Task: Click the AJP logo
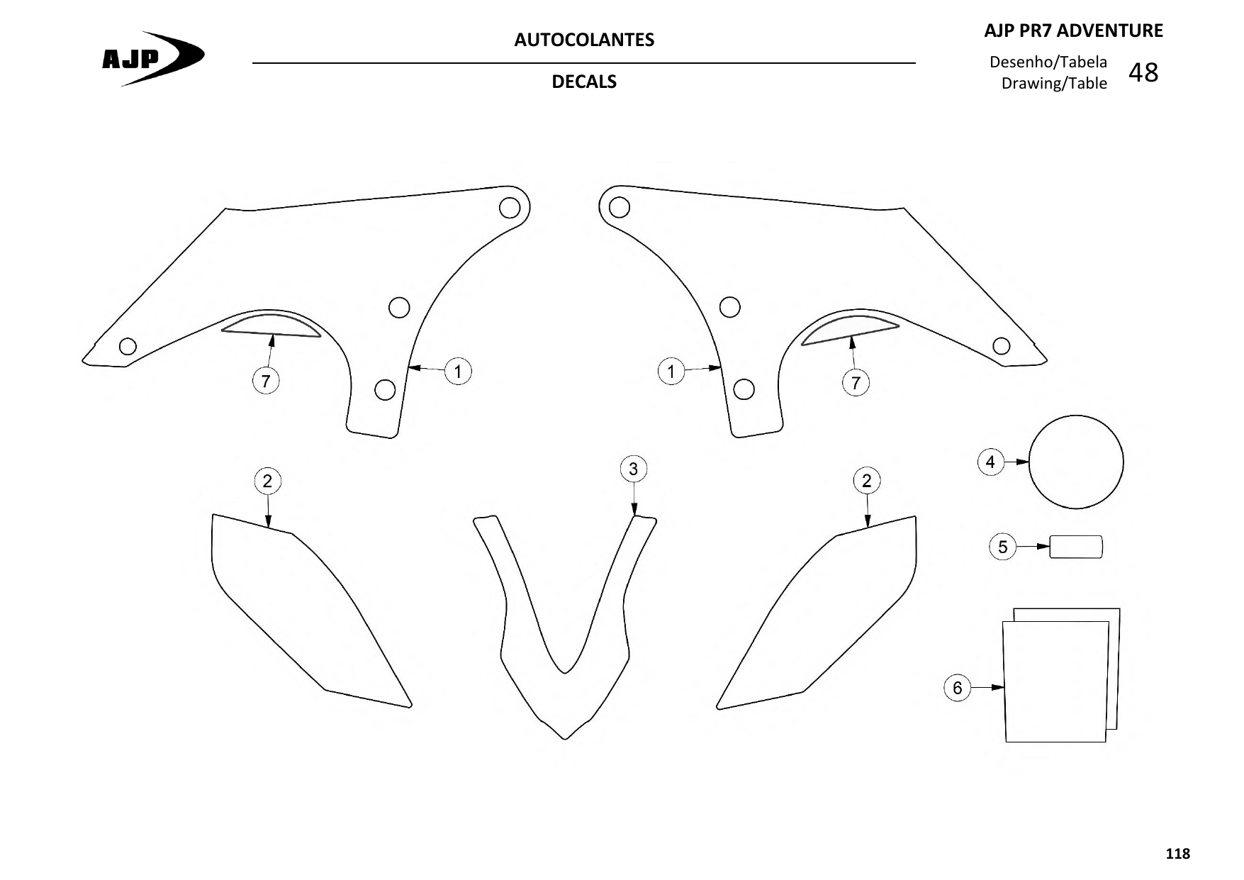(153, 58)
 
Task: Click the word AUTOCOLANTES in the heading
(584, 40)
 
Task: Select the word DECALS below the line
(584, 82)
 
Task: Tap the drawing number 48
(1143, 72)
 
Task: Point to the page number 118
(1178, 854)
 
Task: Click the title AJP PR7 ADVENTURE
(1074, 30)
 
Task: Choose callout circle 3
(633, 469)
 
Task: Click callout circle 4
(990, 462)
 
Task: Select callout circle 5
(1002, 547)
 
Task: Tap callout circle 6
(958, 687)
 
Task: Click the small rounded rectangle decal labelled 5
(1076, 547)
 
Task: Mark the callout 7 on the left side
(266, 381)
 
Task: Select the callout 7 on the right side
(856, 383)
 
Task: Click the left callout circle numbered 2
(267, 481)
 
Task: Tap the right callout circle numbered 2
(866, 481)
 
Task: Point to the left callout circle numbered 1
(458, 372)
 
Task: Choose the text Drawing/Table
(1054, 83)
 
